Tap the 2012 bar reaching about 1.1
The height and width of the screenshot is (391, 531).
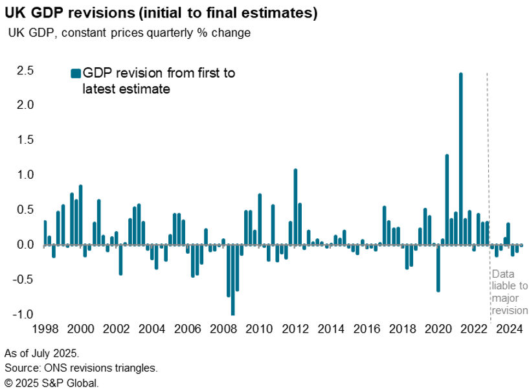(295, 207)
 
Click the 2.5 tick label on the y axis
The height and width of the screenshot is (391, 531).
(25, 71)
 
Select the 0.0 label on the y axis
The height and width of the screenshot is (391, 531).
(25, 245)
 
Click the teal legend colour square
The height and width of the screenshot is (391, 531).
(74, 74)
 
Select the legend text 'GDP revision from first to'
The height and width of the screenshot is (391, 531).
(159, 74)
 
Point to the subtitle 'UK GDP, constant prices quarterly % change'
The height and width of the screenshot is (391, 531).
(129, 33)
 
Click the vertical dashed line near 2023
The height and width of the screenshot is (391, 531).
(487, 162)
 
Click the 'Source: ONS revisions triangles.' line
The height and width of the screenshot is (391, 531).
(81, 368)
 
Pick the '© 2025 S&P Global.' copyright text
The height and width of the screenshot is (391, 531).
(52, 383)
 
